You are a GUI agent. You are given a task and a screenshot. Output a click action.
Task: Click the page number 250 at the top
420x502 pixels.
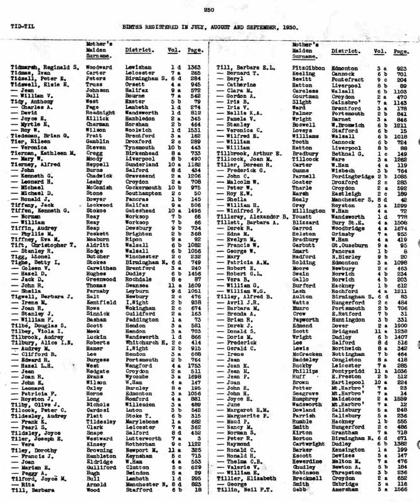point(209,10)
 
